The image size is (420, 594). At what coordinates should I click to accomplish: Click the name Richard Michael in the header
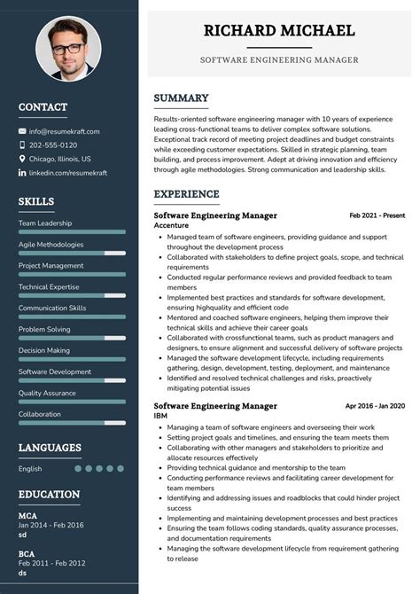[279, 30]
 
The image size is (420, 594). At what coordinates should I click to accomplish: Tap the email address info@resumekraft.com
[64, 131]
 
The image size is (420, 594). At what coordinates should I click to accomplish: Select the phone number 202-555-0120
[53, 145]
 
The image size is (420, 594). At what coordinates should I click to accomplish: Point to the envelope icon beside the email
[22, 131]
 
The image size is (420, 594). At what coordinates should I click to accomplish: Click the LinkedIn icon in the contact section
[22, 173]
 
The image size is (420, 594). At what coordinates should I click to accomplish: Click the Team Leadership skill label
[45, 223]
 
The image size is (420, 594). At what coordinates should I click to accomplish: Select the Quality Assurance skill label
[47, 393]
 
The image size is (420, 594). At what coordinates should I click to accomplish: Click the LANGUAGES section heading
[50, 448]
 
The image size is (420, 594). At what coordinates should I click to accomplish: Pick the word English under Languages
[30, 468]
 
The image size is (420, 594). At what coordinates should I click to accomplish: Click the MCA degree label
[27, 514]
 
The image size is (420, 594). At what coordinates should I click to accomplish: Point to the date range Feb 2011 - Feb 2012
[52, 563]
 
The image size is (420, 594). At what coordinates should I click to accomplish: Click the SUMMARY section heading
[181, 98]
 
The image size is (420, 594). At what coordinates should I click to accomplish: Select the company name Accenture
[171, 225]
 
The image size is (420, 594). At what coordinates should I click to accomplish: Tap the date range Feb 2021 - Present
[377, 215]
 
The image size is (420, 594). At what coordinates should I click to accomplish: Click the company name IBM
[160, 416]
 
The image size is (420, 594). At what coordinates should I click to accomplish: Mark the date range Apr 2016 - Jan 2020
[375, 406]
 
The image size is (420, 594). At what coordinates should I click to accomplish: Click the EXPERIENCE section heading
[186, 194]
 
